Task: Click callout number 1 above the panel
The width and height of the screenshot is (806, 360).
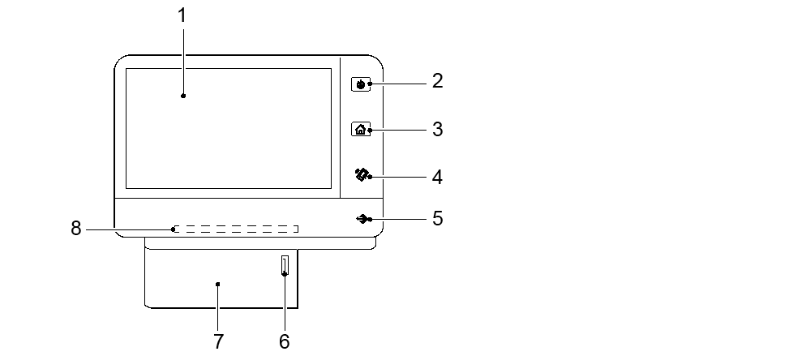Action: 183,15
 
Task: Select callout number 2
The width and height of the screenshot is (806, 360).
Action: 437,81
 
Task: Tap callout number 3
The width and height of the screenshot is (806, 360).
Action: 437,129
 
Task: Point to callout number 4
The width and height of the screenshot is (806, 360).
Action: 437,176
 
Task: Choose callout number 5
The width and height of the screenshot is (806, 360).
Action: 437,219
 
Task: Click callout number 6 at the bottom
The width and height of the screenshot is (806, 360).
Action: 284,341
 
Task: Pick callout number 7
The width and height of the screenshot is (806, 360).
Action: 218,341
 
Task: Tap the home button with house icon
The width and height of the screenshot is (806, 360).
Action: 361,129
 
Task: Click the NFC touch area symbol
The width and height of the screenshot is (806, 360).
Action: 361,174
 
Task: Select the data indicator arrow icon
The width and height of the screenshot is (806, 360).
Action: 362,219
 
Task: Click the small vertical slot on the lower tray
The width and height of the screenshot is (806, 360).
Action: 284,266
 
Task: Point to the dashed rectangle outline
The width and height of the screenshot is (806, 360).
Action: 235,229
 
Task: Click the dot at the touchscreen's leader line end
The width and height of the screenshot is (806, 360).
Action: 183,96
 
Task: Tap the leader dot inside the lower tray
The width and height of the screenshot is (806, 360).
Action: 218,285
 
